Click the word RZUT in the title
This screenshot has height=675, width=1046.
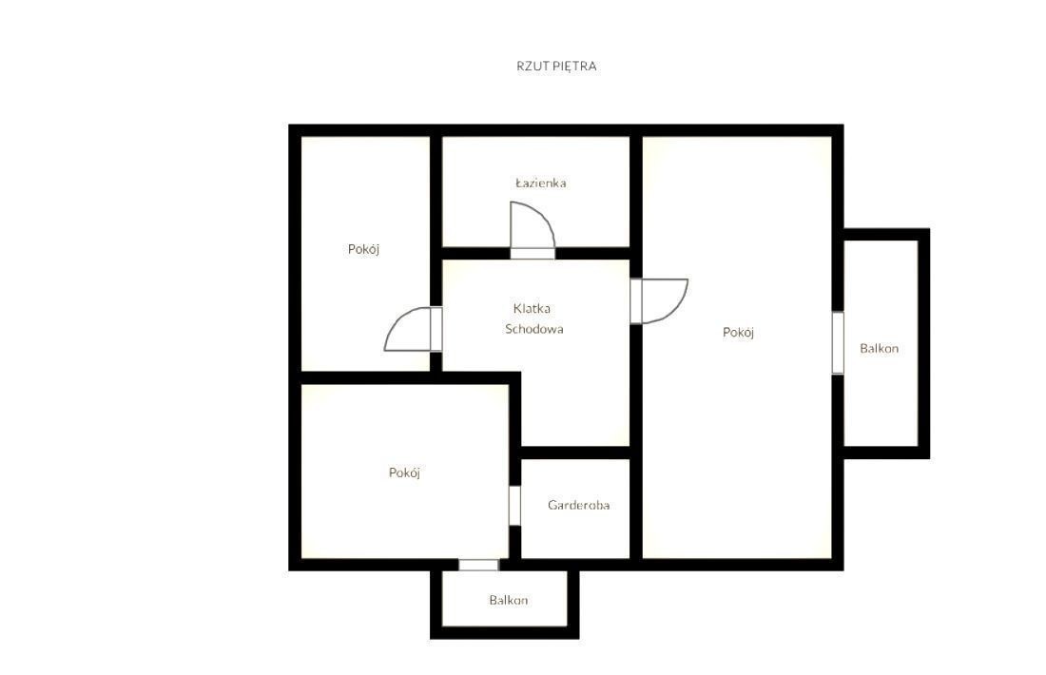(532, 66)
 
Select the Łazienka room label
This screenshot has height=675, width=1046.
(541, 183)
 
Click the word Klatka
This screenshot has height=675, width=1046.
(532, 308)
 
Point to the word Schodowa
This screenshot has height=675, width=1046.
(533, 329)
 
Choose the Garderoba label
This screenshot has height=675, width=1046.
(578, 505)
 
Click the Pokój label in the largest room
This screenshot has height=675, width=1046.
(739, 332)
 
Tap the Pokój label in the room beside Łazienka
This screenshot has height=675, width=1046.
(363, 249)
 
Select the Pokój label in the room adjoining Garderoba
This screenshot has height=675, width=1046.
(404, 472)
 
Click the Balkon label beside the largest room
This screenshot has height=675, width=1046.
(879, 348)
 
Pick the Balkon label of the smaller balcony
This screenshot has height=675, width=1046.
(509, 600)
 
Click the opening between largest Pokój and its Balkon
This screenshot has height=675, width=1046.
(838, 343)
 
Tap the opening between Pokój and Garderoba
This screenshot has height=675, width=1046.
(514, 506)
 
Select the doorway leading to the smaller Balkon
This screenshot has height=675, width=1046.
(478, 565)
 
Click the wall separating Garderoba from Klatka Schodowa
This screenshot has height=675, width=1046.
(575, 453)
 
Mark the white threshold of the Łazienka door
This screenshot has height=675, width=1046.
(533, 254)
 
